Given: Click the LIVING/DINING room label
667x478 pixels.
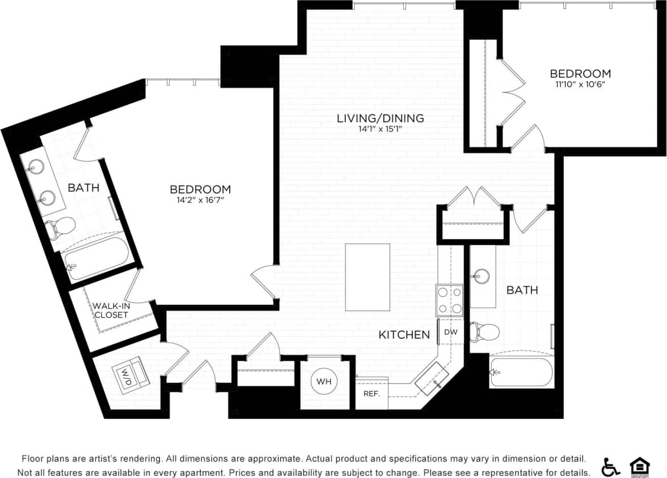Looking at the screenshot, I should [380, 118].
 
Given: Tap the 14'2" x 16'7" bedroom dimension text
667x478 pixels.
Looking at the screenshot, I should [200, 200].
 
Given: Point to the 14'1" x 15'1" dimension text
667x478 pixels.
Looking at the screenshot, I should [380, 129].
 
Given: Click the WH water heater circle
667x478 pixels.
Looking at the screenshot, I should [324, 381].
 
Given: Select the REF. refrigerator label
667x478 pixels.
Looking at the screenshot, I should [371, 394].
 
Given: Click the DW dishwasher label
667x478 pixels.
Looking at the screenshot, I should [451, 332].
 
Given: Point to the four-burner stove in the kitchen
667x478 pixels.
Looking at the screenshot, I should [449, 300].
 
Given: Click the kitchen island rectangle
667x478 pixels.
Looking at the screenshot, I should [368, 277].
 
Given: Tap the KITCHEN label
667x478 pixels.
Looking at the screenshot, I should [404, 335].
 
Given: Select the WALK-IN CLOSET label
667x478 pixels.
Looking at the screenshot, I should [111, 310].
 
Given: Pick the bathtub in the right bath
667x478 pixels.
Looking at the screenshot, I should [521, 373].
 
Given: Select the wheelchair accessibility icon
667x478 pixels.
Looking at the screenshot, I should [610, 466].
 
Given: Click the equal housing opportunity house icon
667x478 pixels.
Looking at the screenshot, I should [639, 466].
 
